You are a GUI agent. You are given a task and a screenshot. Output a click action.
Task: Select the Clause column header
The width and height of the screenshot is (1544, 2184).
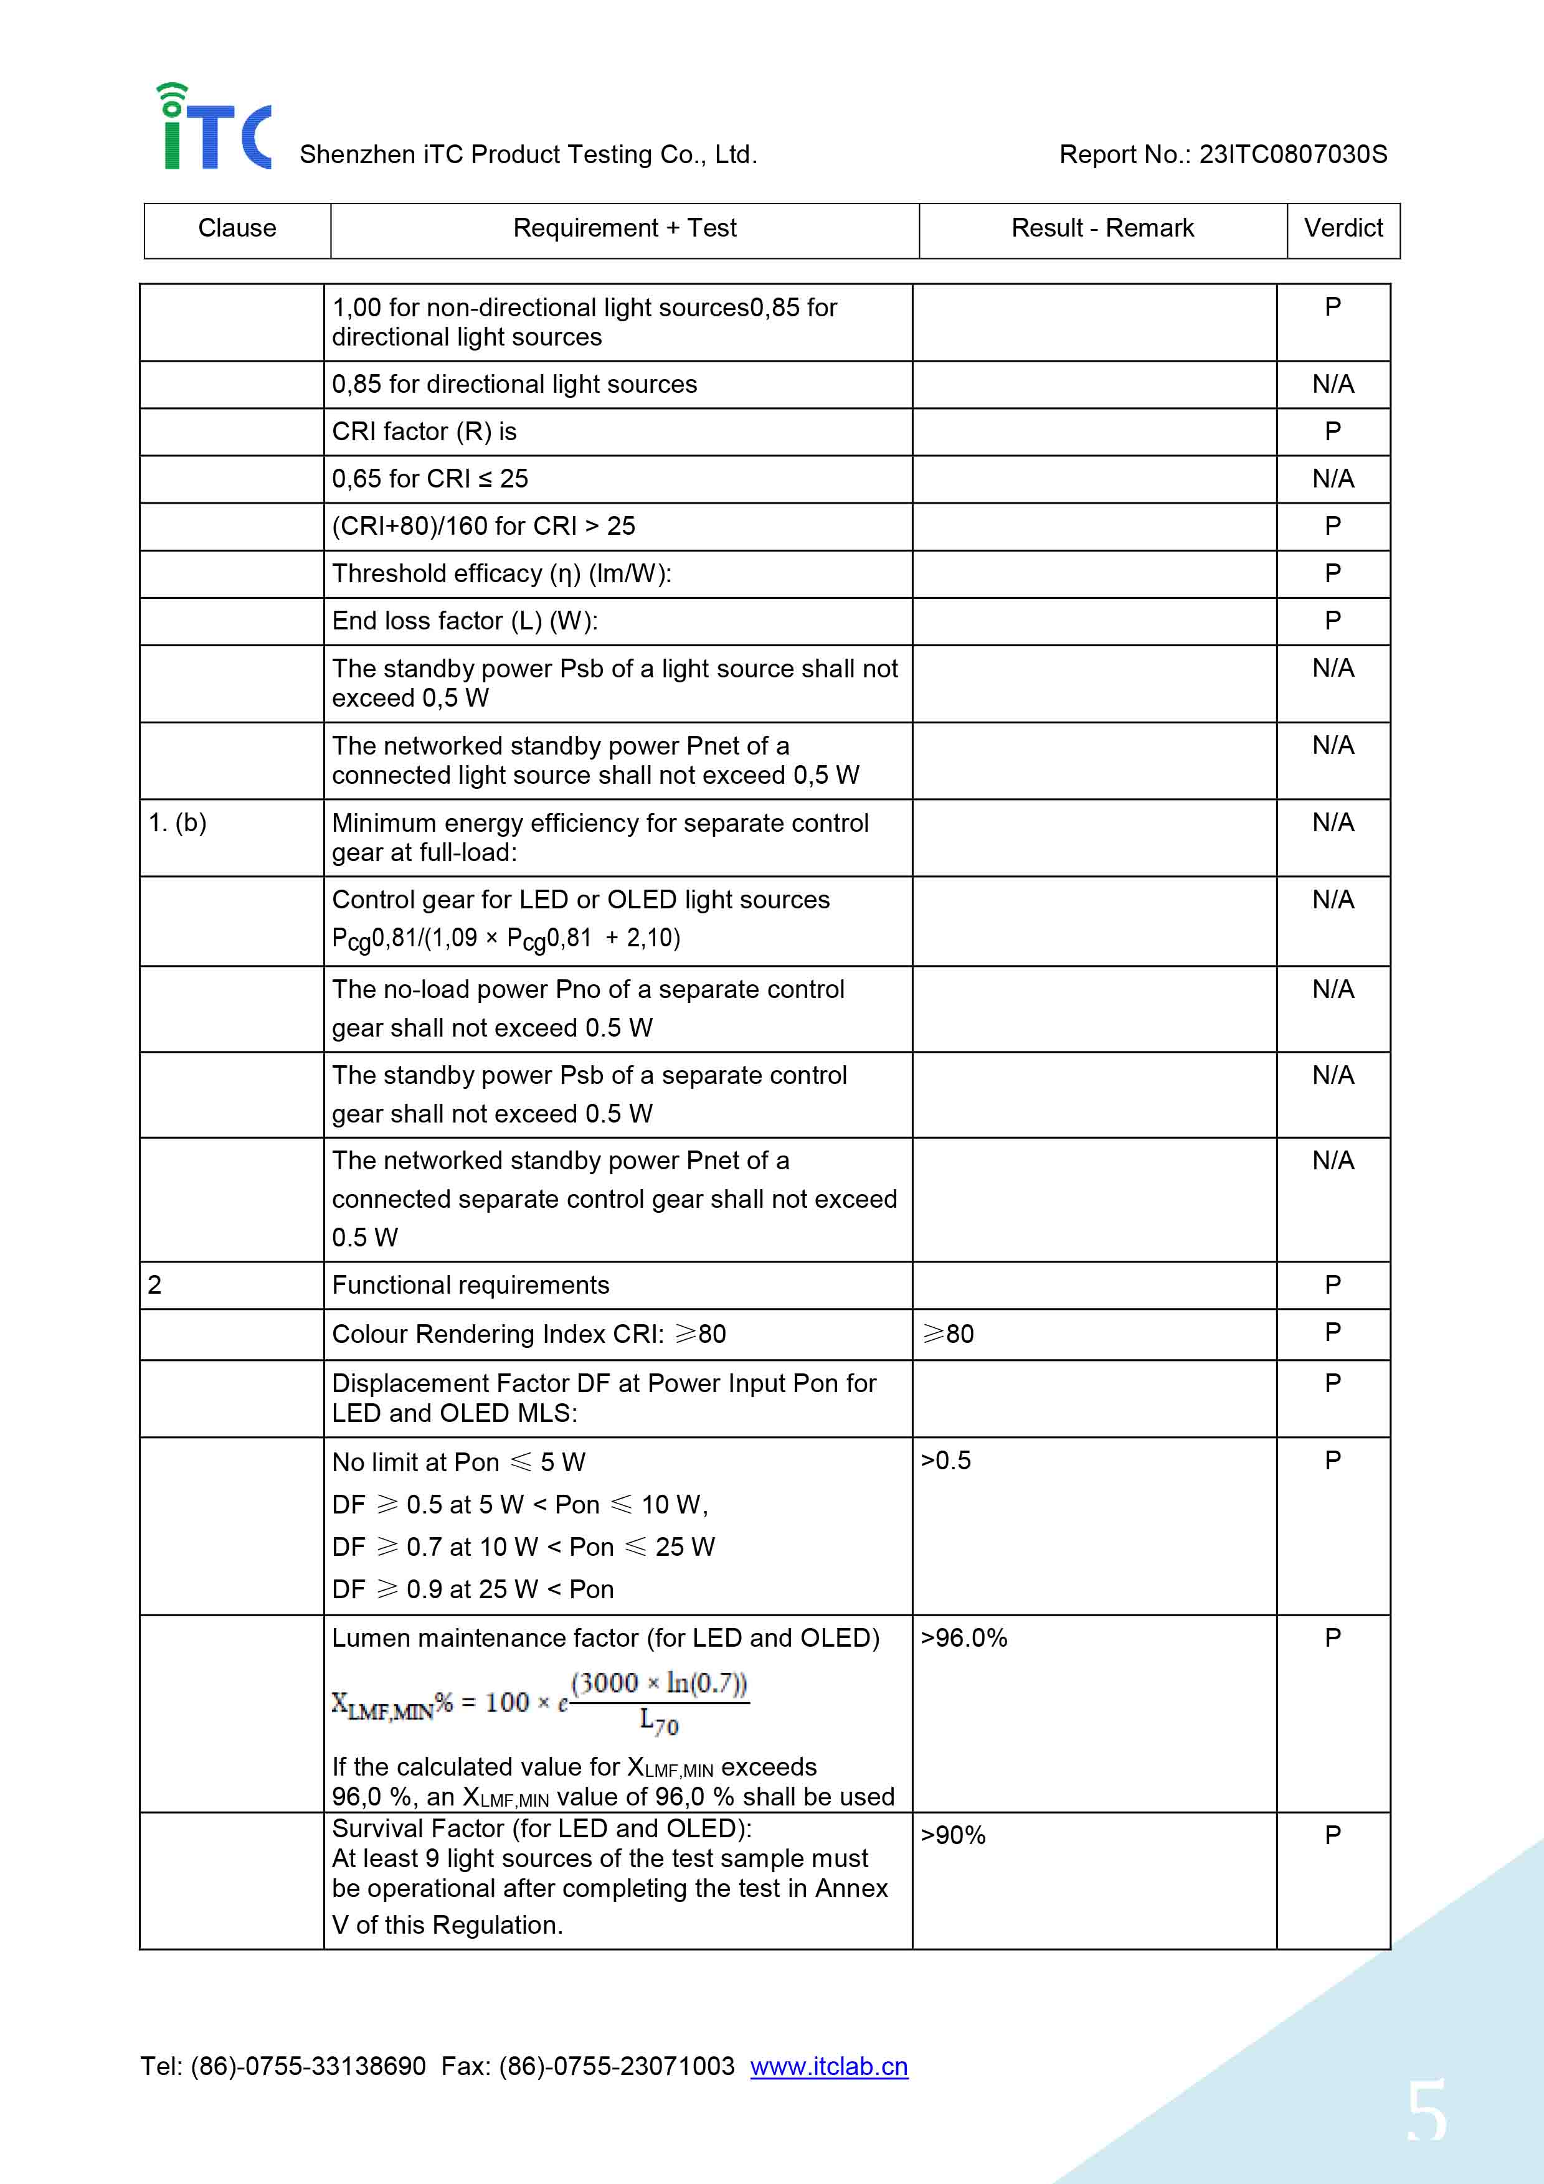click(237, 228)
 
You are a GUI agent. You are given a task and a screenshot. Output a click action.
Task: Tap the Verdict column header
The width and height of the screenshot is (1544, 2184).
click(1342, 228)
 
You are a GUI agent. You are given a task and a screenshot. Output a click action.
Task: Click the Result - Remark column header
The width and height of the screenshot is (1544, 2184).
click(1102, 228)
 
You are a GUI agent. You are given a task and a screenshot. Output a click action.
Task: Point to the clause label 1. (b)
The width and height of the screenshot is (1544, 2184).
click(178, 823)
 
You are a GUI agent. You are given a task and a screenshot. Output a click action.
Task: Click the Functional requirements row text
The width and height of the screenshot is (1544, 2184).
click(470, 1285)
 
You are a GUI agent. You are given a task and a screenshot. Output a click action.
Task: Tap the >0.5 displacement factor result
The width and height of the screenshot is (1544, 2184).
click(945, 1460)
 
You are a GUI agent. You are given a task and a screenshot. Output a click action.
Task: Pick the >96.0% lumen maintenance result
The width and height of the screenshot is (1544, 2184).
click(963, 1638)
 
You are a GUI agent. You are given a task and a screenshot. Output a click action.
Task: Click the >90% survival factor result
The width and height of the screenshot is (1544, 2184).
click(952, 1835)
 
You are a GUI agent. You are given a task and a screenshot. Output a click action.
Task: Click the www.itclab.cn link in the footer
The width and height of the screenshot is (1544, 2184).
click(828, 2066)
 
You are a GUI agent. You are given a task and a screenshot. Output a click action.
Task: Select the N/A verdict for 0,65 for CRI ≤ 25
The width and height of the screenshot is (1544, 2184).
click(1333, 479)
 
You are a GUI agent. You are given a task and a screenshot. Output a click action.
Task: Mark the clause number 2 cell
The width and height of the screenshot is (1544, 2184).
click(155, 1285)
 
